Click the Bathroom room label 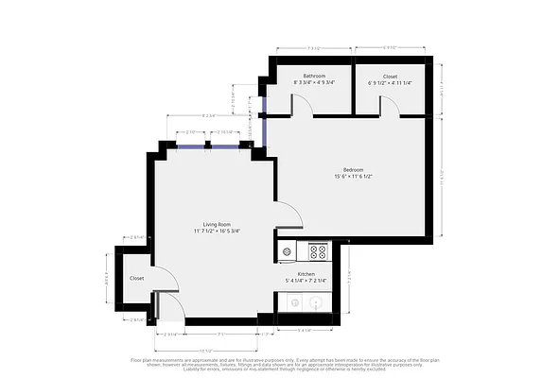(x=314, y=76)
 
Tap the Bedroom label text (x=354, y=169)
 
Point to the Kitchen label (x=306, y=273)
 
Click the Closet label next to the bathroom (x=390, y=76)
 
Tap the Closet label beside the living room (x=137, y=279)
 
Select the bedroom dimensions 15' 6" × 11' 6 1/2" (x=354, y=177)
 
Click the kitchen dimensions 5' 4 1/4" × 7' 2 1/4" (x=306, y=281)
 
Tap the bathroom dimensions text (x=314, y=83)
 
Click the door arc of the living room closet (x=166, y=276)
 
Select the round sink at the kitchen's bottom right (x=315, y=303)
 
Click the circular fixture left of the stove (x=287, y=251)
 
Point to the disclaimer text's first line (x=271, y=359)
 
